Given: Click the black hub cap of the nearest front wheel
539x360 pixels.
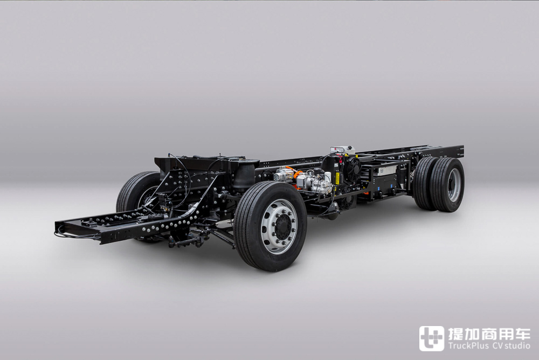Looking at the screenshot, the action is pyautogui.click(x=285, y=227).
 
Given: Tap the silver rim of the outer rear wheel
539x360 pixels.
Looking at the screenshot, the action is pyautogui.click(x=454, y=185).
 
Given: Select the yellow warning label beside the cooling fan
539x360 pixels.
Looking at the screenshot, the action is pyautogui.click(x=337, y=177).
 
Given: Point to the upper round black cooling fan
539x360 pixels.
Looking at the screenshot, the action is pyautogui.click(x=351, y=167).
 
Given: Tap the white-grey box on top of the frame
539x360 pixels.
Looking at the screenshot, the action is pyautogui.click(x=342, y=150).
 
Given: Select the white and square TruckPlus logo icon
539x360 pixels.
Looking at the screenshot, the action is pyautogui.click(x=431, y=338).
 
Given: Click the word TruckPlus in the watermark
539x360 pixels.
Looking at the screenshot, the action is pyautogui.click(x=468, y=345).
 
